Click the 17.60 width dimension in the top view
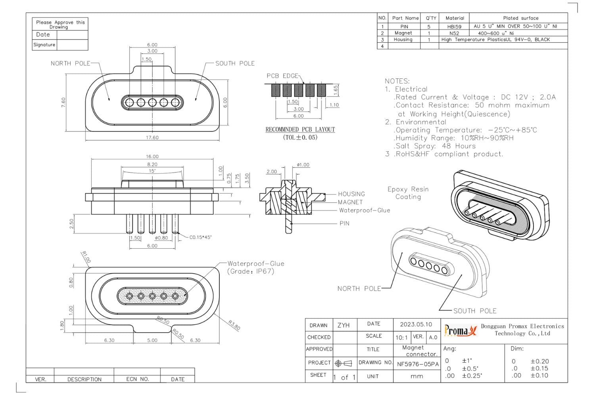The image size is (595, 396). click(x=152, y=138)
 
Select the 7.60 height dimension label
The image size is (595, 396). click(x=63, y=102)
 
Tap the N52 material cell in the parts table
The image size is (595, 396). click(x=454, y=33)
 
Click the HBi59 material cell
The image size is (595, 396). click(x=454, y=27)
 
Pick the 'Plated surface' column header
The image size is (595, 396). click(x=520, y=18)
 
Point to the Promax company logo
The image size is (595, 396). click(x=460, y=330)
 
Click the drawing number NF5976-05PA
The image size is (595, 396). click(x=418, y=364)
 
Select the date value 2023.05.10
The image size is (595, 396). click(x=416, y=324)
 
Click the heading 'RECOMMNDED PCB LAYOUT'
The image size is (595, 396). click(x=300, y=129)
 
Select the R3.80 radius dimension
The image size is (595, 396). click(x=234, y=325)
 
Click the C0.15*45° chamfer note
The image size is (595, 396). click(x=200, y=238)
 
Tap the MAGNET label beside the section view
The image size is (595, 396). click(x=350, y=202)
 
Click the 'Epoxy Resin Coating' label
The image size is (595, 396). click(x=408, y=193)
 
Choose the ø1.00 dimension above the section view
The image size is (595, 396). click(x=303, y=165)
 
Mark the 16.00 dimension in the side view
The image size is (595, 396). click(x=152, y=156)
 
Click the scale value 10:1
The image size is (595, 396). click(x=401, y=337)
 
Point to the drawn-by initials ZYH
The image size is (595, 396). click(x=344, y=325)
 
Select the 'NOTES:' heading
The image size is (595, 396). click(x=397, y=81)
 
